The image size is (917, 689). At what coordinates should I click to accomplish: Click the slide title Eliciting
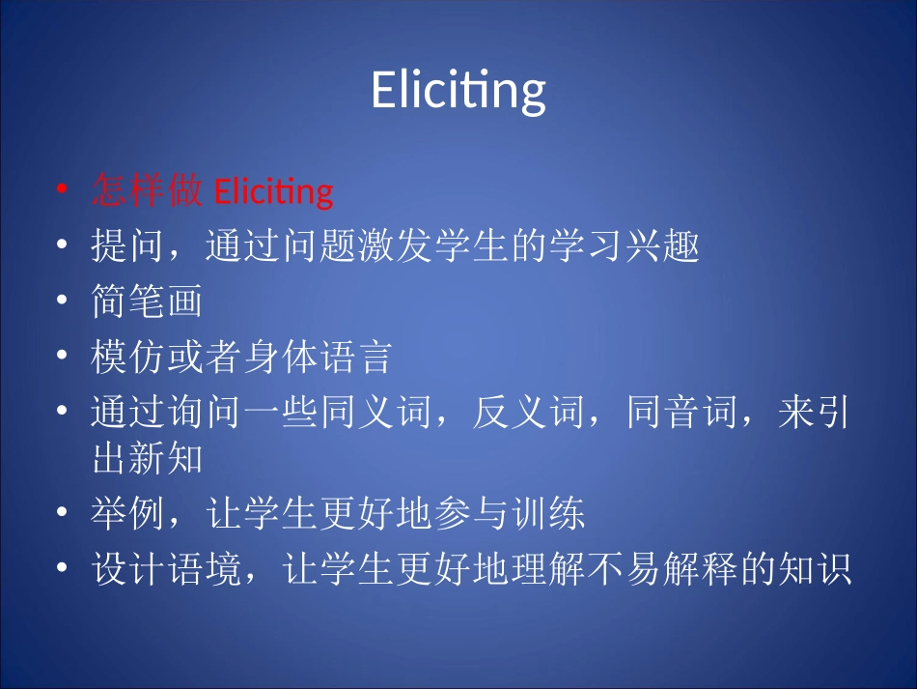click(458, 91)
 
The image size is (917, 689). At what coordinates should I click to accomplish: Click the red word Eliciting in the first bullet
click(272, 191)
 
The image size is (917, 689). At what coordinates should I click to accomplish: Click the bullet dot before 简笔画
click(63, 302)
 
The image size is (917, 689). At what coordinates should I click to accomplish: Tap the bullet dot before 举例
click(63, 515)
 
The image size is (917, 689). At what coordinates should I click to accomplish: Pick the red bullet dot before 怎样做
click(63, 191)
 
